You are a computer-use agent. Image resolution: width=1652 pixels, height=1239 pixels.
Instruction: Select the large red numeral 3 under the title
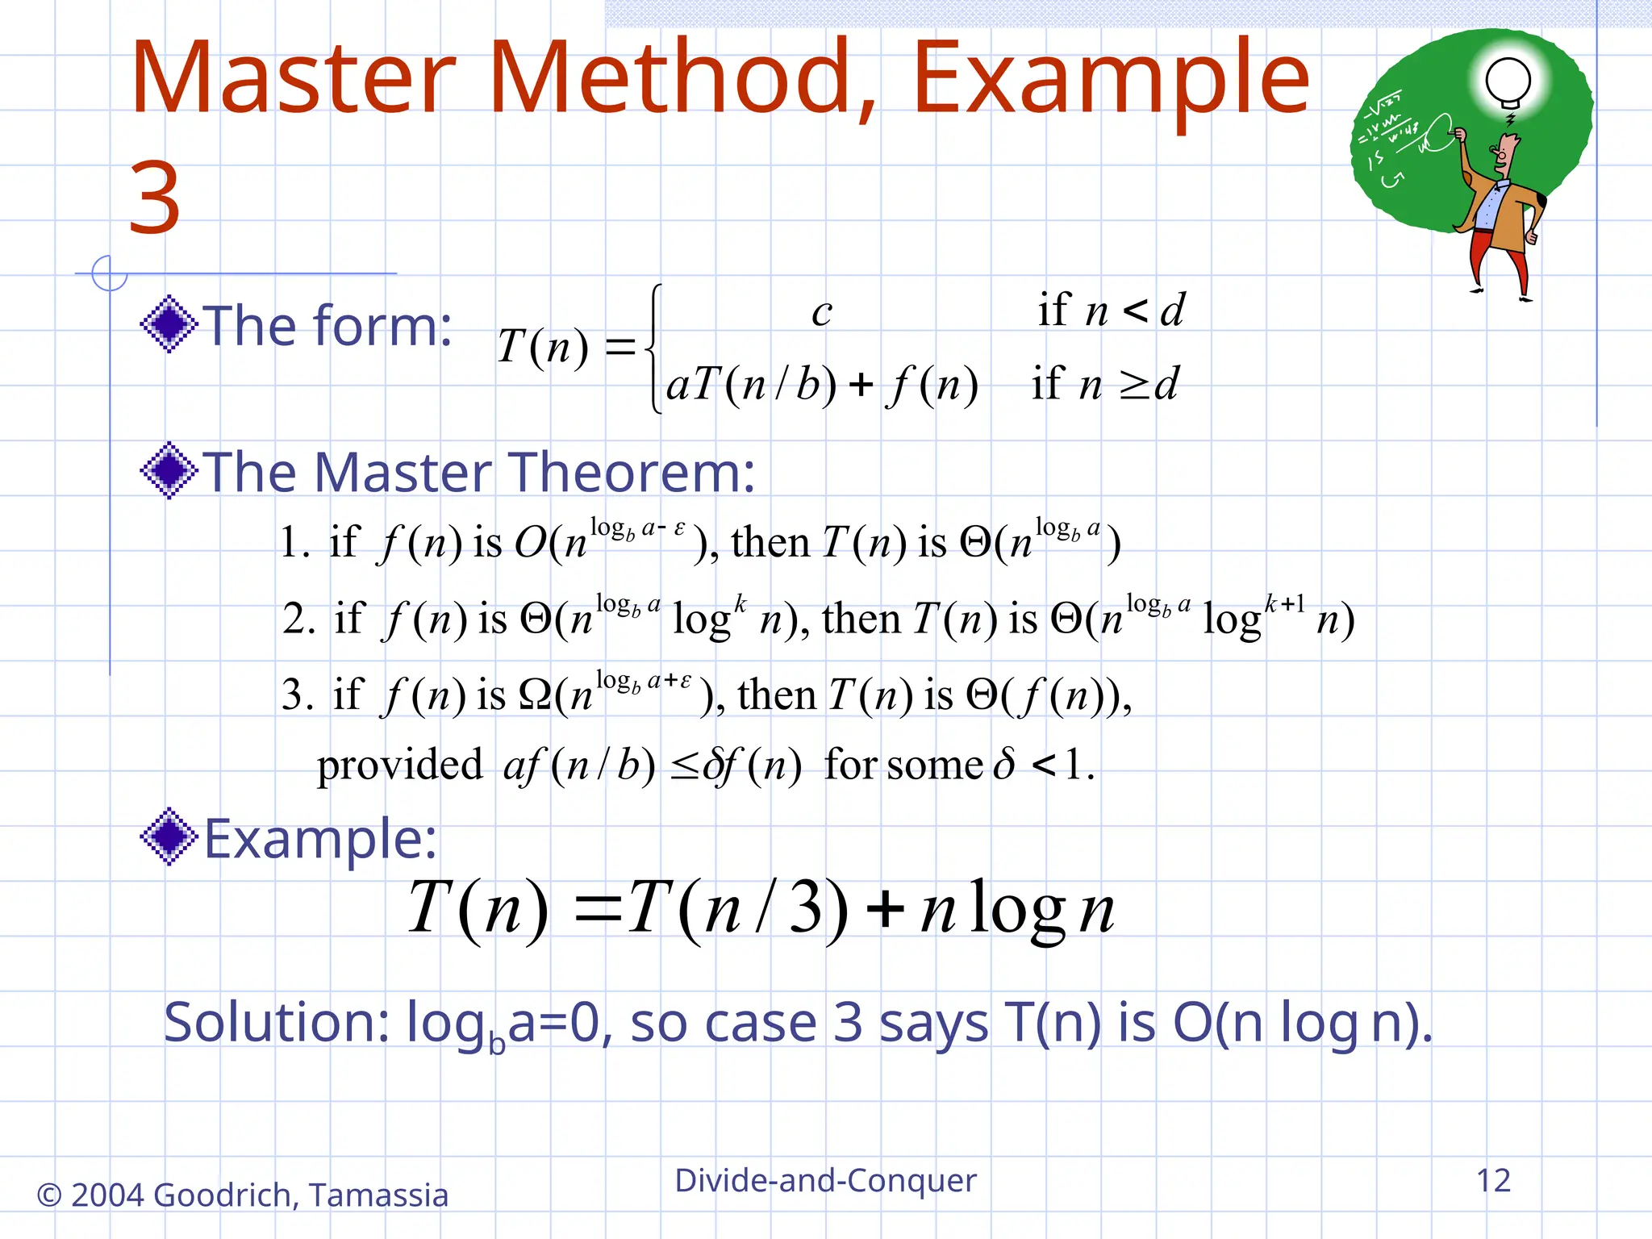click(x=154, y=198)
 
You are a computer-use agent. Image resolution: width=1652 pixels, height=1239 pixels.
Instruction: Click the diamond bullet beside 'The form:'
click(x=169, y=324)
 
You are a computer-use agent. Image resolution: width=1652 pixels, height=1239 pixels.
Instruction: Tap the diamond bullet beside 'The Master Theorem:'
click(x=169, y=470)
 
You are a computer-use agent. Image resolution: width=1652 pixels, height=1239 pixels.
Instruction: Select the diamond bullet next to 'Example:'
click(x=169, y=836)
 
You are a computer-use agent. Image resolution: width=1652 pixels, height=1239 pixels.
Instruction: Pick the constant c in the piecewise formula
click(x=821, y=312)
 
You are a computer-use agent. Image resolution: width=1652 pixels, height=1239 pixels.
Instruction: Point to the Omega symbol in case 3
click(x=535, y=695)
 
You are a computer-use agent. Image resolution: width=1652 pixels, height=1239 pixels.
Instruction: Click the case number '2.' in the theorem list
click(x=298, y=619)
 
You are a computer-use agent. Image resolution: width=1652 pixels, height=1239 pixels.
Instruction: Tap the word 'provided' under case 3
click(x=399, y=766)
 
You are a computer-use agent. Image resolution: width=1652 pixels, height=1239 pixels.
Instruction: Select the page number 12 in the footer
click(x=1493, y=1180)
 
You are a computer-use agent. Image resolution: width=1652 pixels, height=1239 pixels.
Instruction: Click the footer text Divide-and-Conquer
click(x=825, y=1180)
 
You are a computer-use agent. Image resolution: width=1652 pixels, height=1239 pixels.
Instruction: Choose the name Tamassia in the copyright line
click(x=378, y=1195)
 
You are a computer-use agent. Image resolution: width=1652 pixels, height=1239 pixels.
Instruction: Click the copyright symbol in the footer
click(x=49, y=1195)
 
